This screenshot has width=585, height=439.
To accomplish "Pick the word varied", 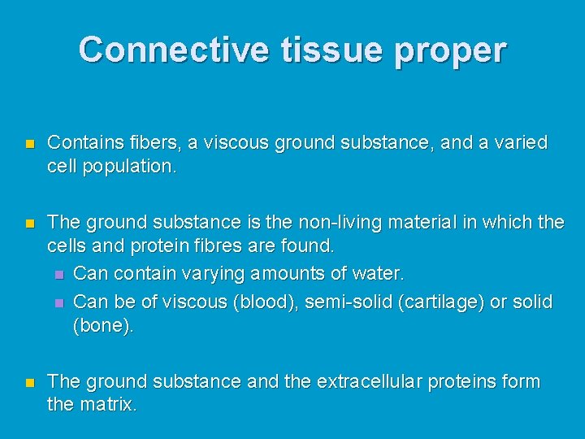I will pos(520,143).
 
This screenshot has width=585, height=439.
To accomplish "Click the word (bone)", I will pos(102,325).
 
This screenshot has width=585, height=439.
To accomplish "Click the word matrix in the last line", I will pos(109,404).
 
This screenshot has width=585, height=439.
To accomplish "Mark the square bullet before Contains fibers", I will pos(29,144).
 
